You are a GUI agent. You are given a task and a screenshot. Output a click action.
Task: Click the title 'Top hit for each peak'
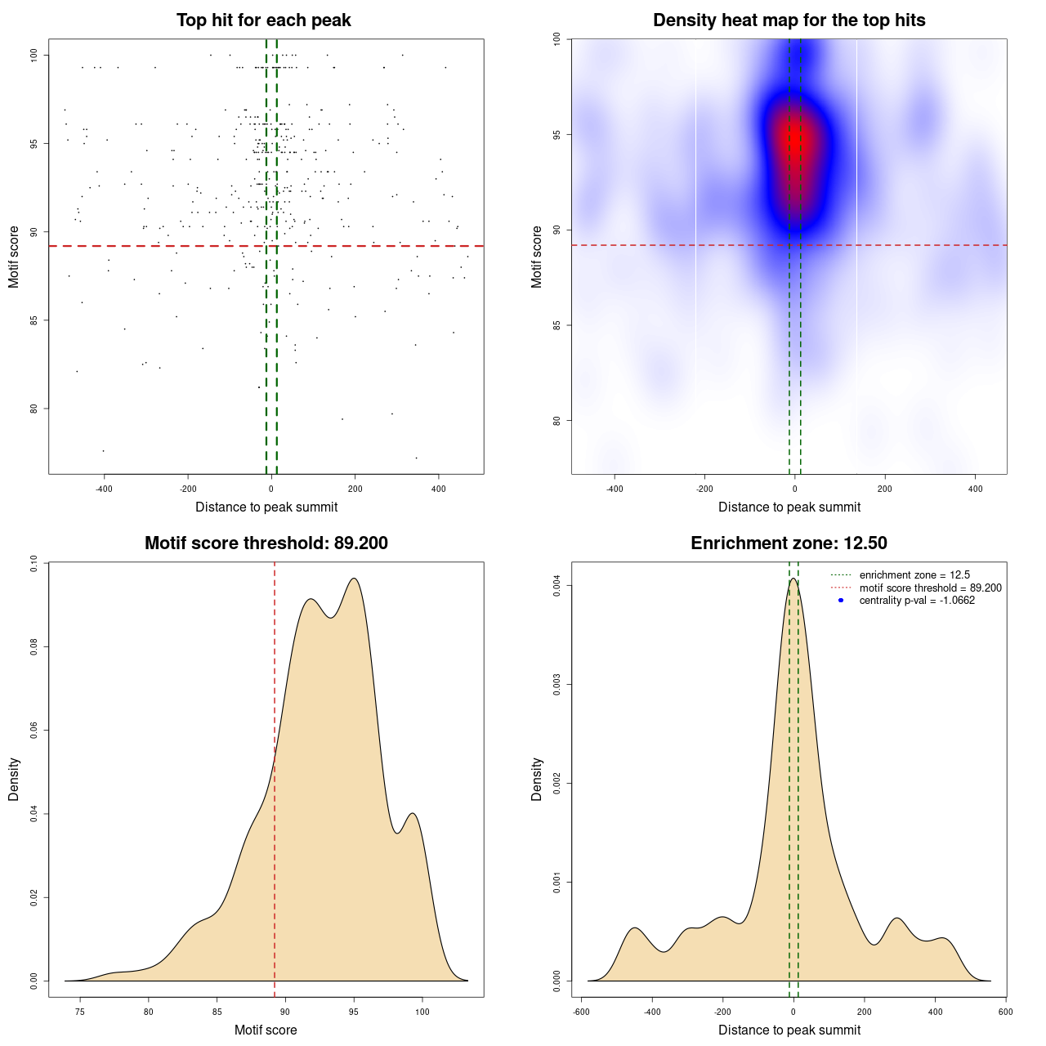pos(263,20)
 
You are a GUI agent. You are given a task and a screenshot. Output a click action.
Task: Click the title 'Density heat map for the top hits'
pos(789,20)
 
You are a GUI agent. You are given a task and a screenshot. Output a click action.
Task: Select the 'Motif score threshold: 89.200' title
pos(266,543)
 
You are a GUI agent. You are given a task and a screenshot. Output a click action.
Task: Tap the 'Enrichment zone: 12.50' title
pos(789,543)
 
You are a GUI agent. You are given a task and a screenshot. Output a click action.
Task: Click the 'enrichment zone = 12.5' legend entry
pos(914,575)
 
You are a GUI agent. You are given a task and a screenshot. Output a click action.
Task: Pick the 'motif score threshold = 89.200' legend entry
pos(930,588)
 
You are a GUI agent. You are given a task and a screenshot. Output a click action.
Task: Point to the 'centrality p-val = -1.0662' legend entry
pos(917,601)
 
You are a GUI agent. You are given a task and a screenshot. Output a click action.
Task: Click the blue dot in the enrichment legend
pos(841,601)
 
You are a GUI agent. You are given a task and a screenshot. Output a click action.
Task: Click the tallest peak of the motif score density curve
pos(354,579)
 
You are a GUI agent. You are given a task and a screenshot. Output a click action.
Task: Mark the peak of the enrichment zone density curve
pos(793,579)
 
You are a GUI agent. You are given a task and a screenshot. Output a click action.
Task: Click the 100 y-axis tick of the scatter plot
pos(34,55)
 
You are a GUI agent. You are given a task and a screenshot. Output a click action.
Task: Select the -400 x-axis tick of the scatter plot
pos(104,489)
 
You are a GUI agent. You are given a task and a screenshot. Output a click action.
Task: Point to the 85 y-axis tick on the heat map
pos(557,325)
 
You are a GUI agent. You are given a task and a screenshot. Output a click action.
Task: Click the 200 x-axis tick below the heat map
pos(885,489)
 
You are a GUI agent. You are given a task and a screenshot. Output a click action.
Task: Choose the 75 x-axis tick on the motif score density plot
pos(79,1012)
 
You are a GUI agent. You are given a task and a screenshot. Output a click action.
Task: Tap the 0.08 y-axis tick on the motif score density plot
pos(34,647)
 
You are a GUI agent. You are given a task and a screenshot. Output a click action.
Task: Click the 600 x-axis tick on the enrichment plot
pos(1006,1012)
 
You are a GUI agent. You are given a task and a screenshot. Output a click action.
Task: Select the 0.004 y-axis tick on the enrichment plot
pos(557,586)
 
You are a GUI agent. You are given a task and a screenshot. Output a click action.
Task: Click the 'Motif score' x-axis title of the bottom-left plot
pos(266,1030)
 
